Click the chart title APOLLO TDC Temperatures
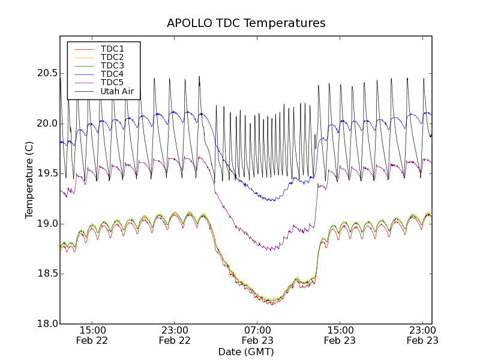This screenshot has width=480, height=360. click(246, 23)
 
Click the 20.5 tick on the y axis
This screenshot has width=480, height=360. click(45, 73)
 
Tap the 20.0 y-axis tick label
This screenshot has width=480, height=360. click(45, 124)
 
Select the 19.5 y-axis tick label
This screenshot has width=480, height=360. click(45, 173)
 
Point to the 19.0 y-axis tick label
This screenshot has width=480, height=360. click(45, 224)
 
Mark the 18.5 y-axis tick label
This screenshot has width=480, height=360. click(45, 274)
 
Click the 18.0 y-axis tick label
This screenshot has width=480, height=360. click(45, 324)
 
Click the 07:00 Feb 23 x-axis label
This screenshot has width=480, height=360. click(257, 335)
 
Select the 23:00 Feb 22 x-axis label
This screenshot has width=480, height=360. click(175, 335)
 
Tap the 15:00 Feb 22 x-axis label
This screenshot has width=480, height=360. click(92, 335)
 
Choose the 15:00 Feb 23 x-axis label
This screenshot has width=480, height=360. click(340, 335)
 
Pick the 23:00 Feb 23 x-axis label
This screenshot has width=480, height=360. click(422, 335)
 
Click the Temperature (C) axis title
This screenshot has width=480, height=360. click(29, 180)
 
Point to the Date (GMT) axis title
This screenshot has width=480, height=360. click(246, 352)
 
